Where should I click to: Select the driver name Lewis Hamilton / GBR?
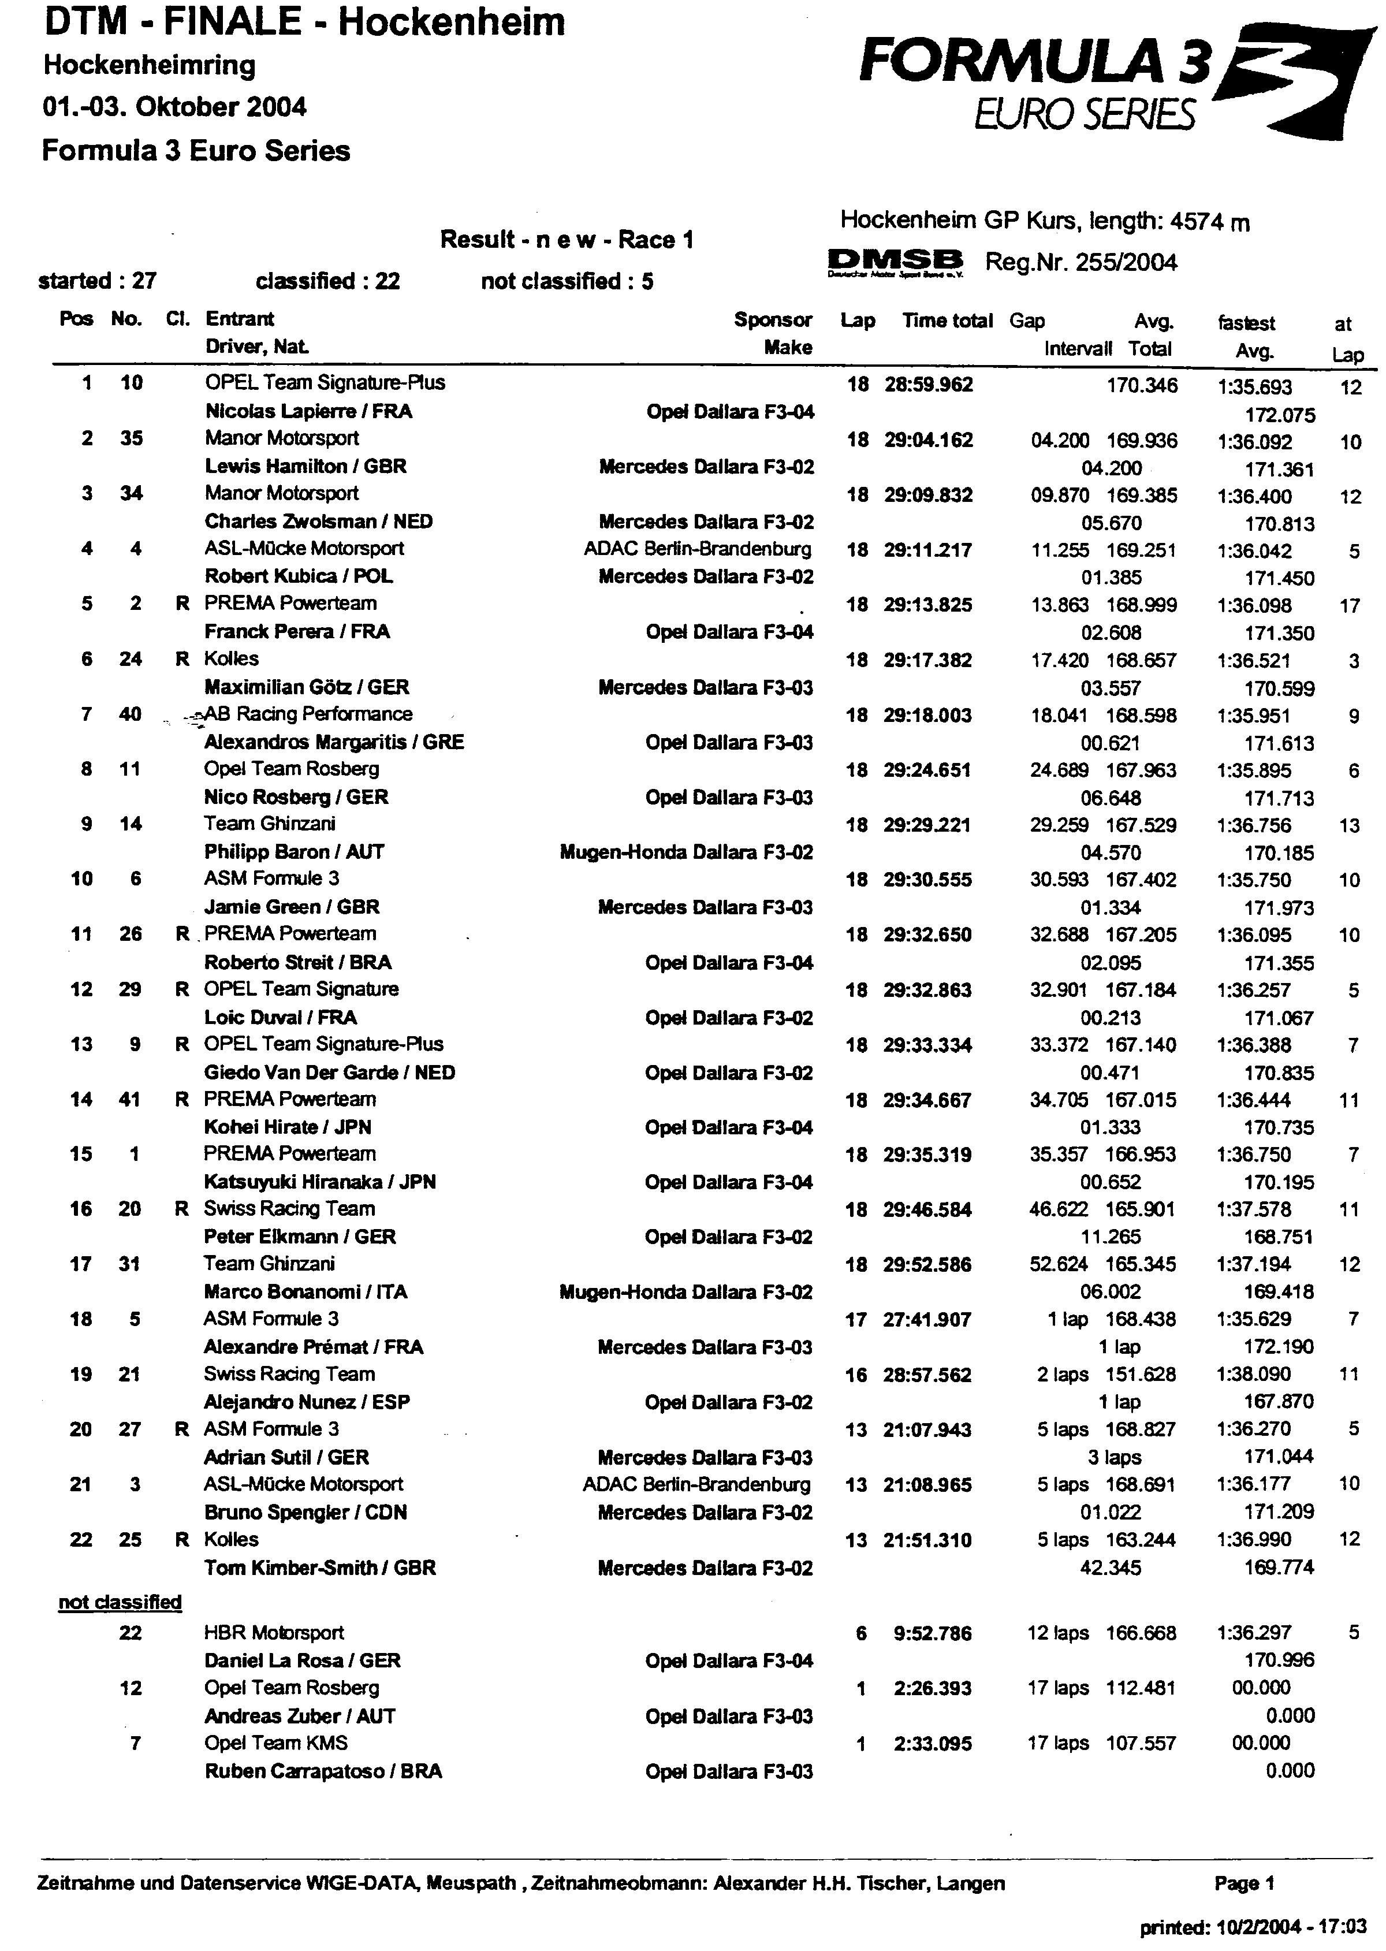305,467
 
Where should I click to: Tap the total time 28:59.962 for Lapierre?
927,385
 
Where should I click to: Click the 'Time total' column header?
947,321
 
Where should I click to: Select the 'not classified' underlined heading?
120,1602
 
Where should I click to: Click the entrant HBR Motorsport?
273,1633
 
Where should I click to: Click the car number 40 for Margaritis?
130,714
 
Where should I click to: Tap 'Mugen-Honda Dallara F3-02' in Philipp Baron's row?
686,852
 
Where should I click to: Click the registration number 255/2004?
1126,262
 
